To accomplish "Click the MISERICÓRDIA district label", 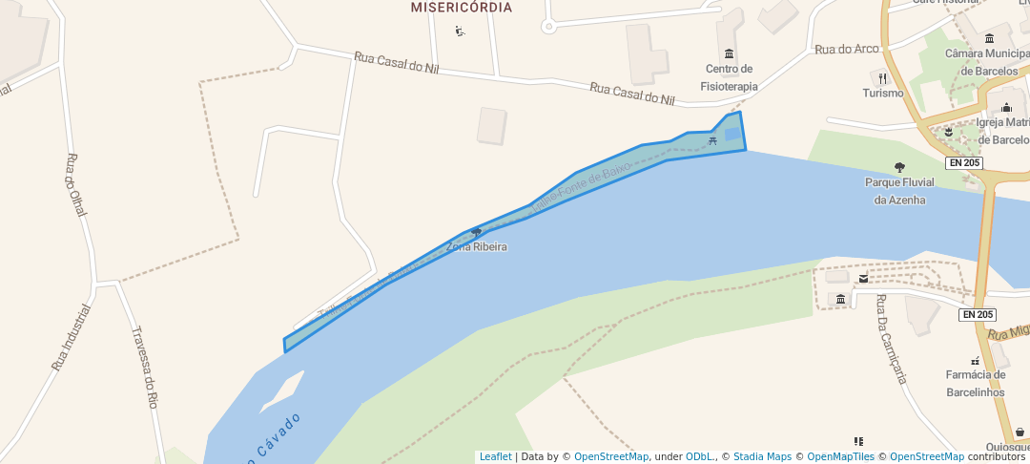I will (x=461, y=8).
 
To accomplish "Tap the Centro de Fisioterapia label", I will (x=730, y=77).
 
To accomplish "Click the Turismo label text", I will (x=883, y=94).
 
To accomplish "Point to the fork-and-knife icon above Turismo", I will (x=883, y=77).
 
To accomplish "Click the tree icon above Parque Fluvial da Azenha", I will (x=899, y=167).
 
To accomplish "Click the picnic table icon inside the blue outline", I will (x=712, y=141).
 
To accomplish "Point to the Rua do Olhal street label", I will (x=76, y=185).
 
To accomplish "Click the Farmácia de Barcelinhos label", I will (x=976, y=384).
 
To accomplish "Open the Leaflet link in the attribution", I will (x=495, y=457).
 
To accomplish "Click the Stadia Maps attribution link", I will (x=761, y=457).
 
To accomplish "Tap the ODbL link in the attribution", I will (x=700, y=457).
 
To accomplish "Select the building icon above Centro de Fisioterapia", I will (x=730, y=53).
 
